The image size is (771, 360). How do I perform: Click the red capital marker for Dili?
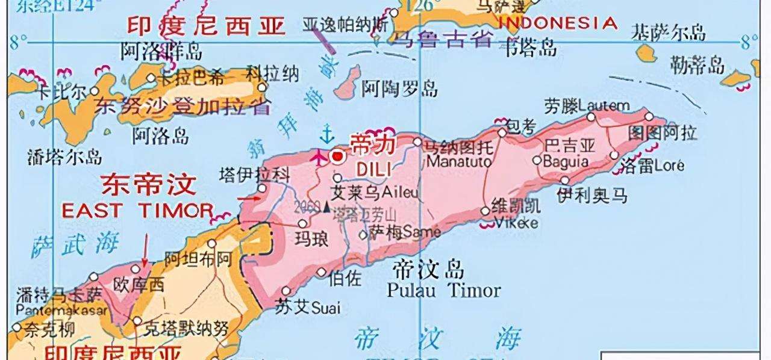pyautogui.click(x=338, y=157)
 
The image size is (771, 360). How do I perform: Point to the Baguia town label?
pyautogui.click(x=566, y=161)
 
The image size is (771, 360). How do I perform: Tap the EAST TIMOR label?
pyautogui.click(x=137, y=210)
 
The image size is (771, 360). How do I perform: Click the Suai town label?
pyautogui.click(x=325, y=309)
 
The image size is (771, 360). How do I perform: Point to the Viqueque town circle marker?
pyautogui.click(x=485, y=211)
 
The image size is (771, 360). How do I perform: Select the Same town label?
pyautogui.click(x=421, y=231)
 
